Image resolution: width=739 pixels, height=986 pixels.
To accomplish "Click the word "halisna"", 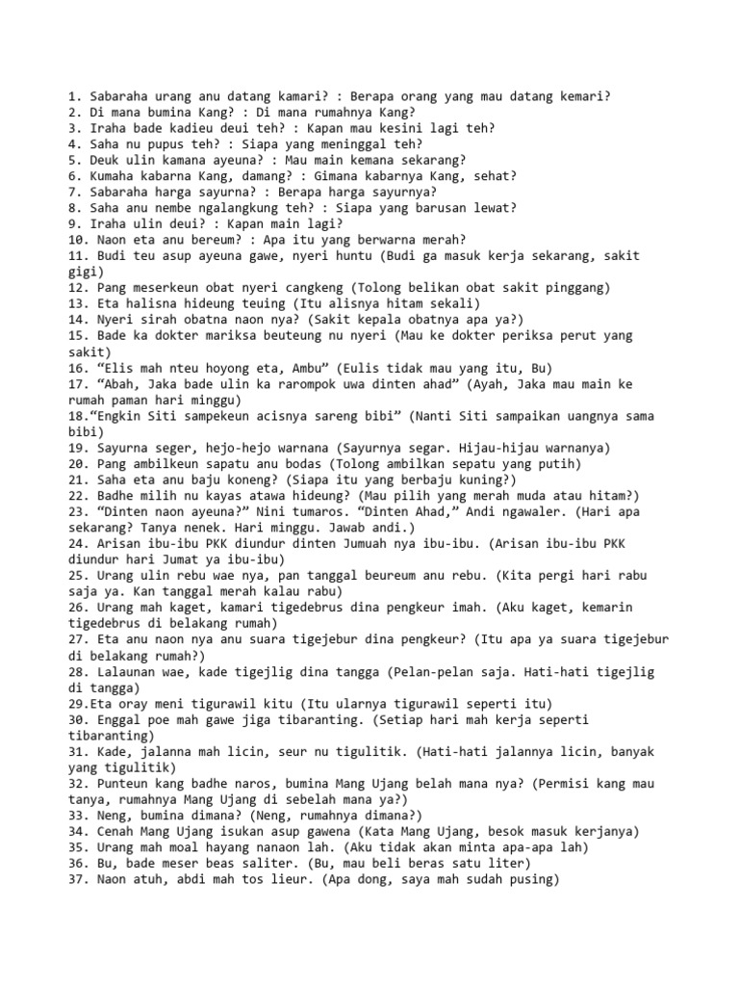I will click(x=158, y=303).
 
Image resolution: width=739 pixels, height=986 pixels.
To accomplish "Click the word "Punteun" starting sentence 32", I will click(x=122, y=784).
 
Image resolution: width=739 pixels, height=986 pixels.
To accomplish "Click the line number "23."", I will click(x=80, y=511).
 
